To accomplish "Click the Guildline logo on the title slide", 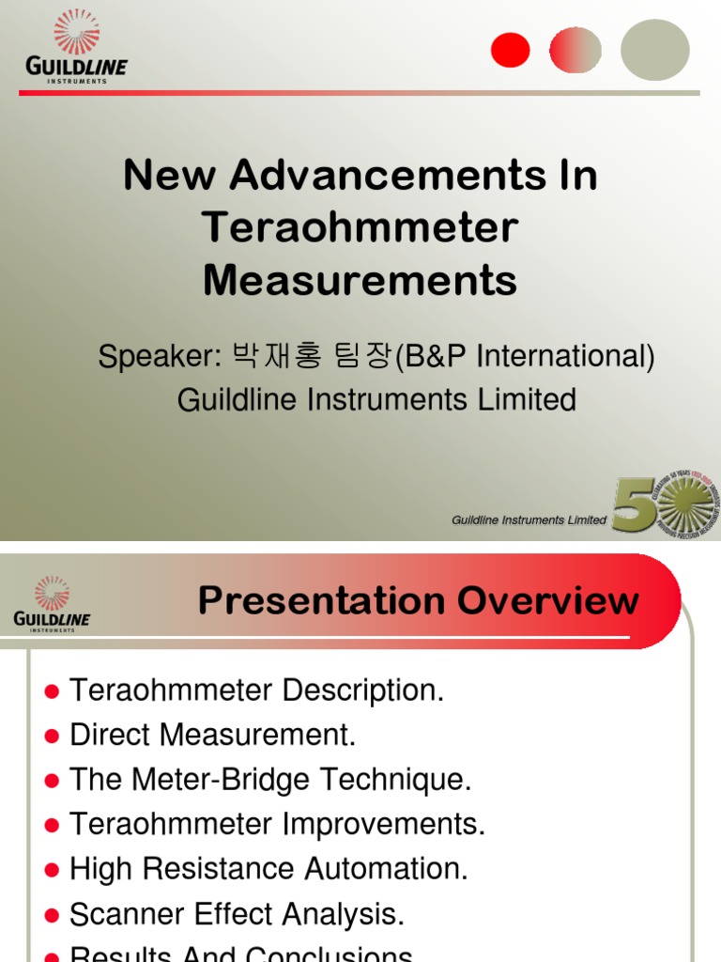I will (x=76, y=46).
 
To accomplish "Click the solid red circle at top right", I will (x=511, y=49).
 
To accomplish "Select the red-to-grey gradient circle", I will (x=575, y=49).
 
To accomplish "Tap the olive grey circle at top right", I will (x=654, y=49).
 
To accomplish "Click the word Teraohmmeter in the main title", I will (x=360, y=227).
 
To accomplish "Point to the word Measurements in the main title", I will (x=360, y=280).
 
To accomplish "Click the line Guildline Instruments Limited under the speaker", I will (x=376, y=400).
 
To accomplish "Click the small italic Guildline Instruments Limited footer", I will (x=529, y=520).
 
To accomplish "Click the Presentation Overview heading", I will (x=419, y=601).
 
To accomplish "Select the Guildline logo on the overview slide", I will (x=52, y=603).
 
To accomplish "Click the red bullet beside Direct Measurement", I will (x=53, y=736).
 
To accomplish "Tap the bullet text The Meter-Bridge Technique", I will (x=270, y=780).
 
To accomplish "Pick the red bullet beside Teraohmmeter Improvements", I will (x=53, y=826).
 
